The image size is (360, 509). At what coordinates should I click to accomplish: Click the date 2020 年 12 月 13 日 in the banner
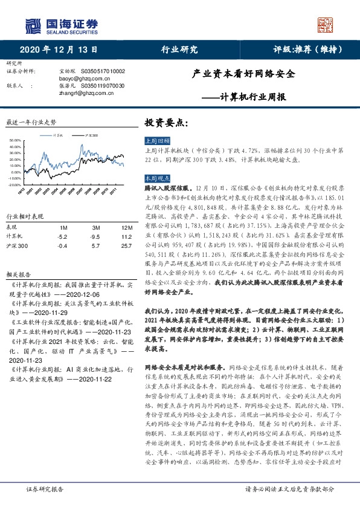[x=59, y=49]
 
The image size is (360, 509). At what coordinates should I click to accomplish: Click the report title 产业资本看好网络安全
[x=243, y=74]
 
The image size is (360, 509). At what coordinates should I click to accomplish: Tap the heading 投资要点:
[x=167, y=122]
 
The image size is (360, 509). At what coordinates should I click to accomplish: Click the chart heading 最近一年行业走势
[x=31, y=122]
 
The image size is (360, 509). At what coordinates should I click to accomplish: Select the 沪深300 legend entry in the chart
[x=92, y=135]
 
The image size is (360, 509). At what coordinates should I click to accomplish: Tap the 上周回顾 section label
[x=155, y=140]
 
